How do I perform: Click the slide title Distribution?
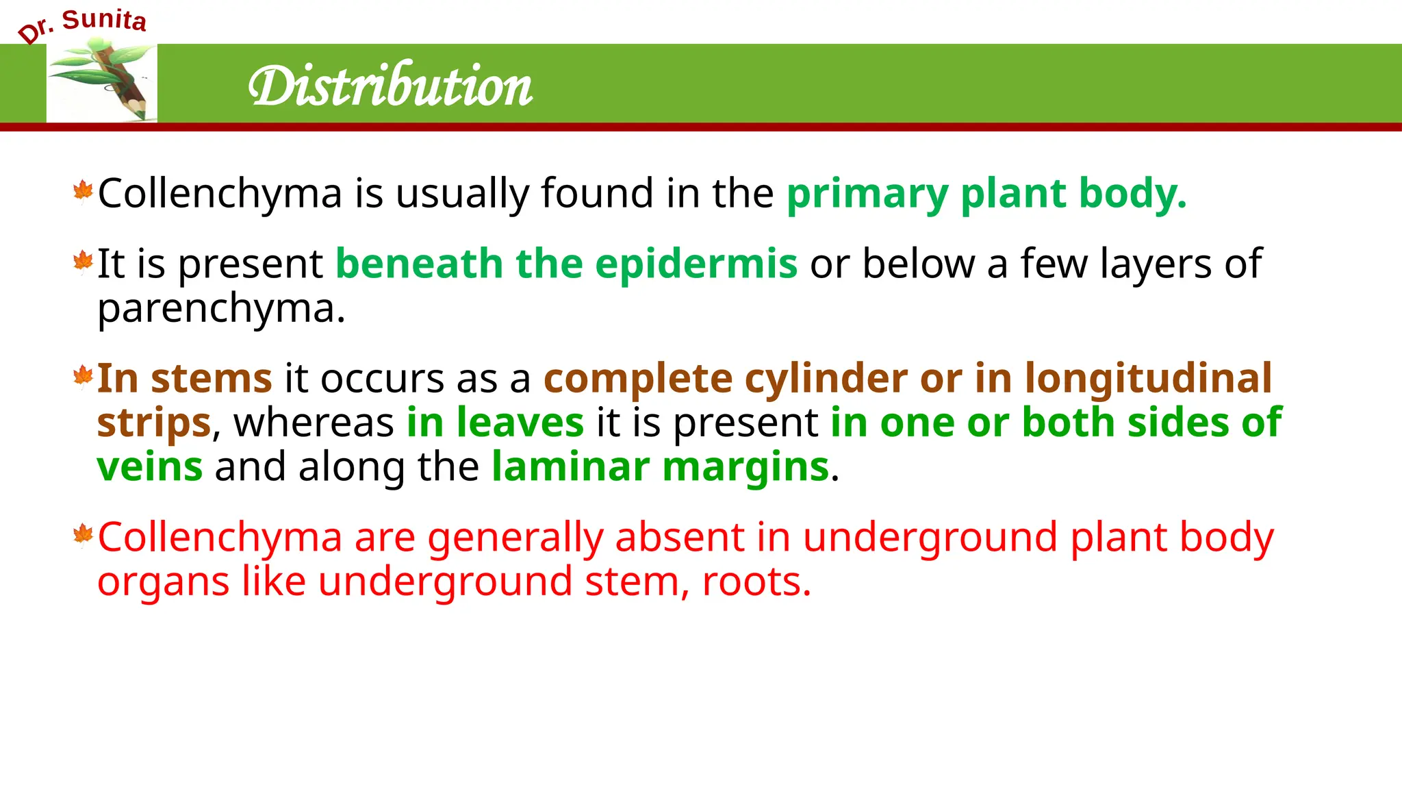click(x=390, y=86)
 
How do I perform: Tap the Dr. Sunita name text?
click(x=82, y=24)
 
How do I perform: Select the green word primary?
click(x=867, y=194)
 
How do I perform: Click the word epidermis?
click(x=696, y=264)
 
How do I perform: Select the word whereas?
click(x=314, y=423)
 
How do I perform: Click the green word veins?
click(x=150, y=467)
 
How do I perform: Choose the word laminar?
click(x=570, y=467)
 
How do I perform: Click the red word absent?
click(x=679, y=537)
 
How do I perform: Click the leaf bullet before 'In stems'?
click(x=83, y=376)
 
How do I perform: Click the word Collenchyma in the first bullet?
click(x=220, y=194)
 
